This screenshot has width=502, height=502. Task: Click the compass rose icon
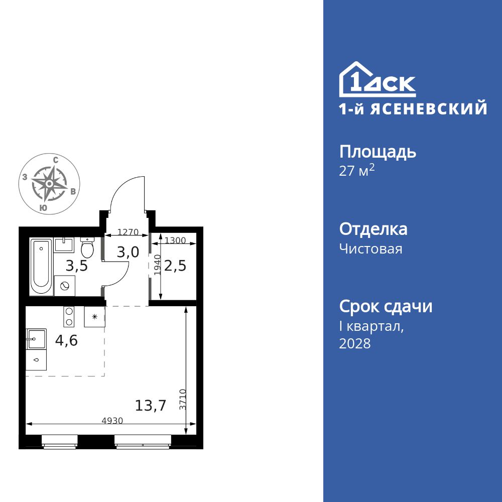[x=49, y=184]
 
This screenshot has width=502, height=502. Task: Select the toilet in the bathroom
[x=87, y=246]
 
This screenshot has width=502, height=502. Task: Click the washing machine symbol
[x=64, y=285]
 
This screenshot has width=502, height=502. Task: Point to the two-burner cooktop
[x=69, y=317]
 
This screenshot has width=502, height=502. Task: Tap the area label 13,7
[x=151, y=405]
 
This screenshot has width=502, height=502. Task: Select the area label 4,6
[x=67, y=341]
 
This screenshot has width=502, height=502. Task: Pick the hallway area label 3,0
[x=128, y=252]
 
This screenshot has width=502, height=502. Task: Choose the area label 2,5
[x=175, y=265]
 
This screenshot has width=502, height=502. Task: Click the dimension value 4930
[x=112, y=421]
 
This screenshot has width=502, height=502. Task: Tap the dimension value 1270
[x=128, y=232]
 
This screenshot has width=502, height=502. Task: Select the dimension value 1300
[x=175, y=240]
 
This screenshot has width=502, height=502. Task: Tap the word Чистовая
[x=370, y=249]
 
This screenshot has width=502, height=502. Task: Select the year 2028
[x=355, y=344]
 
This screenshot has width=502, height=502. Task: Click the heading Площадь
[x=378, y=152]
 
